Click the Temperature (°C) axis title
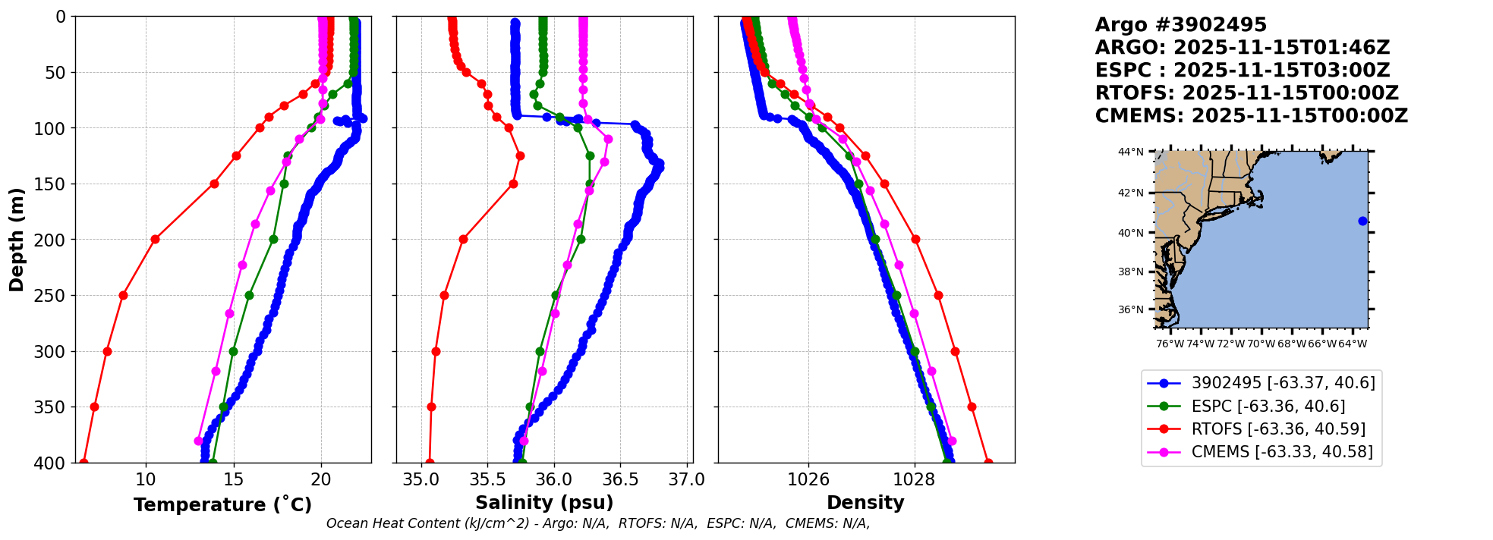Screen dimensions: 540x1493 point(222,505)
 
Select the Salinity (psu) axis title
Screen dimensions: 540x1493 point(544,503)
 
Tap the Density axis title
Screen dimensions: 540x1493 point(865,503)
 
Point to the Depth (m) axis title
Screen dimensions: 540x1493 point(17,240)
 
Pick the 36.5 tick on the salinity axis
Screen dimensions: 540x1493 point(620,480)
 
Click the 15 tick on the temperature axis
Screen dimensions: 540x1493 point(234,480)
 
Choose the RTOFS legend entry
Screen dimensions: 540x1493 point(1278,429)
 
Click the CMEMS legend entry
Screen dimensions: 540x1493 point(1282,452)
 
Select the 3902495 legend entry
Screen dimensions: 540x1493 point(1283,383)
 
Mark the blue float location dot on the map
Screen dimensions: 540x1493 point(1362,221)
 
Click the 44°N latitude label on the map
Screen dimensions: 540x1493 point(1130,152)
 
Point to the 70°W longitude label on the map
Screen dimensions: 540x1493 point(1261,344)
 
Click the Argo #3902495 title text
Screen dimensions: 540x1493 point(1180,25)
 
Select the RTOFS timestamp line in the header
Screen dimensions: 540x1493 point(1246,93)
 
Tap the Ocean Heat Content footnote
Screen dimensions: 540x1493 point(598,523)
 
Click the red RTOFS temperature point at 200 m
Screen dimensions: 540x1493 point(155,239)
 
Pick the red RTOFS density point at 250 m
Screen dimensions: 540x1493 point(938,295)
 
